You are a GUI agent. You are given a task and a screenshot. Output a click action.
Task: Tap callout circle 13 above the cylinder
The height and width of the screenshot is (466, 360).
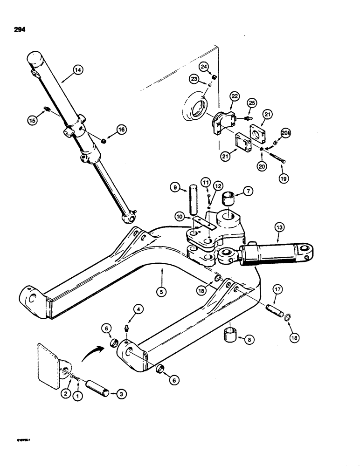tap(279, 227)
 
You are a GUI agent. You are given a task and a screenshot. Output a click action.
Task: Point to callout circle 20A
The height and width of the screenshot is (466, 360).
tap(285, 134)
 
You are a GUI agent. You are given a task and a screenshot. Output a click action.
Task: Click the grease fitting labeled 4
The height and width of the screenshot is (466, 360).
tap(126, 329)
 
